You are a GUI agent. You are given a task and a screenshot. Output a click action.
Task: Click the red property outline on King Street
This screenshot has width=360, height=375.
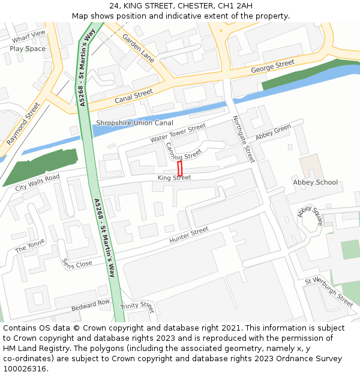179,168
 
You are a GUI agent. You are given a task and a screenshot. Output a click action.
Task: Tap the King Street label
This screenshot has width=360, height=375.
174,178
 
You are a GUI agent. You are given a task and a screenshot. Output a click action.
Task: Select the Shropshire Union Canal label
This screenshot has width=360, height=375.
134,124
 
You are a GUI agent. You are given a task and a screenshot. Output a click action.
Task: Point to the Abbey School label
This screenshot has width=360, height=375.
315,182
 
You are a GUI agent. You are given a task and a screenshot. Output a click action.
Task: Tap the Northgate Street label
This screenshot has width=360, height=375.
244,139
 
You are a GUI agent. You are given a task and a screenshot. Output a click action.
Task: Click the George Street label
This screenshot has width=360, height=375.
272,66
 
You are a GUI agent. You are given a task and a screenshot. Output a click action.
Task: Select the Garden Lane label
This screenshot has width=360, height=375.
139,48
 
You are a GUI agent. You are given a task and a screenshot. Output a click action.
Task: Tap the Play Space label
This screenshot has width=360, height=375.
28,49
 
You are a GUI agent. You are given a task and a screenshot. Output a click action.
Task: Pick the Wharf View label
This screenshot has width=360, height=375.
28,37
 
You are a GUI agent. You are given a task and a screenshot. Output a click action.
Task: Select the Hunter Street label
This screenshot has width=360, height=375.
189,235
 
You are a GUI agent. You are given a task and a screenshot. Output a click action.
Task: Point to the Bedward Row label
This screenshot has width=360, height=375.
91,305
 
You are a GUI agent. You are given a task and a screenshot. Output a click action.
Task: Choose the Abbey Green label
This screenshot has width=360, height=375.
273,132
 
